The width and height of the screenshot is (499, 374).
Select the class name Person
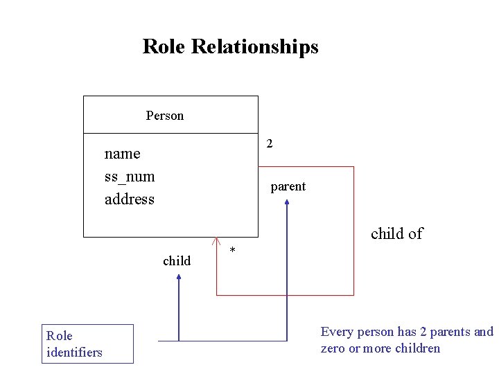click(165, 116)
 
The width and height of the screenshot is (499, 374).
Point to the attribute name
click(122, 154)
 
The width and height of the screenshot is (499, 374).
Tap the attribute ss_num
click(130, 177)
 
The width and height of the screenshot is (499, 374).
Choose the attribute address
click(130, 199)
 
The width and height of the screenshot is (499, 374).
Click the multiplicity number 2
click(270, 144)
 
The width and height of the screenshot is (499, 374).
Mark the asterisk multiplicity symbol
click(232, 250)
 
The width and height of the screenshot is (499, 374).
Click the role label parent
click(288, 187)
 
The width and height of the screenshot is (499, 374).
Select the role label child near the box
click(177, 261)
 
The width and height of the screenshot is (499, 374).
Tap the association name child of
click(396, 234)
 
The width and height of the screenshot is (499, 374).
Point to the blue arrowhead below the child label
click(179, 278)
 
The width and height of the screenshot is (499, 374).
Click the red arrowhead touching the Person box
click(216, 242)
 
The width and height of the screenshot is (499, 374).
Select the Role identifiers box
click(87, 344)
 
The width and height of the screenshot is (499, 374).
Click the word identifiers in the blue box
click(74, 353)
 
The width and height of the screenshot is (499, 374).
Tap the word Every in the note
click(337, 332)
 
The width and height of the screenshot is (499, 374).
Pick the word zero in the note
click(333, 348)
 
